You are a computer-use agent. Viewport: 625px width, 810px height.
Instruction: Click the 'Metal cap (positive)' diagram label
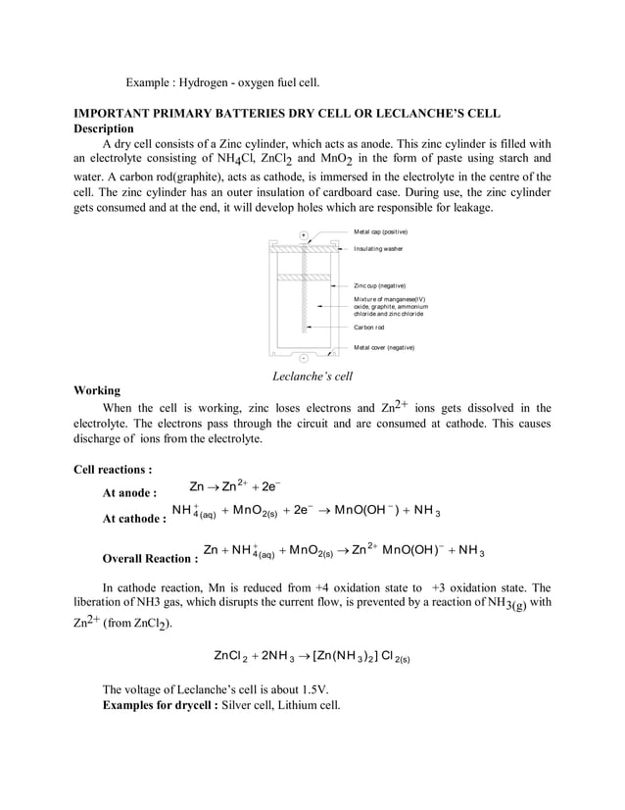[x=380, y=230]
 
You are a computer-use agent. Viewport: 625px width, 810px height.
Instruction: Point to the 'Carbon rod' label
[x=370, y=328]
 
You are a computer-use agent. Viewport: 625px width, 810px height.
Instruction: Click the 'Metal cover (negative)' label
[x=383, y=347]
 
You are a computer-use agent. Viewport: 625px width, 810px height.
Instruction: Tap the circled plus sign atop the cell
[x=304, y=235]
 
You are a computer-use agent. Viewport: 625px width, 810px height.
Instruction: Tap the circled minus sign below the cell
[x=304, y=358]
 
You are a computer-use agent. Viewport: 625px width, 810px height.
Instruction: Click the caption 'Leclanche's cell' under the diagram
[x=312, y=376]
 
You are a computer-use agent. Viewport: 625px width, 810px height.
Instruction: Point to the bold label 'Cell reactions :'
[x=113, y=471]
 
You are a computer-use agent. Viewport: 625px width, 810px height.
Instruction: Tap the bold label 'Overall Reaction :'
[x=151, y=559]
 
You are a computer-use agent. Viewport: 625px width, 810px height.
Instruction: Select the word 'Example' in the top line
[x=152, y=80]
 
